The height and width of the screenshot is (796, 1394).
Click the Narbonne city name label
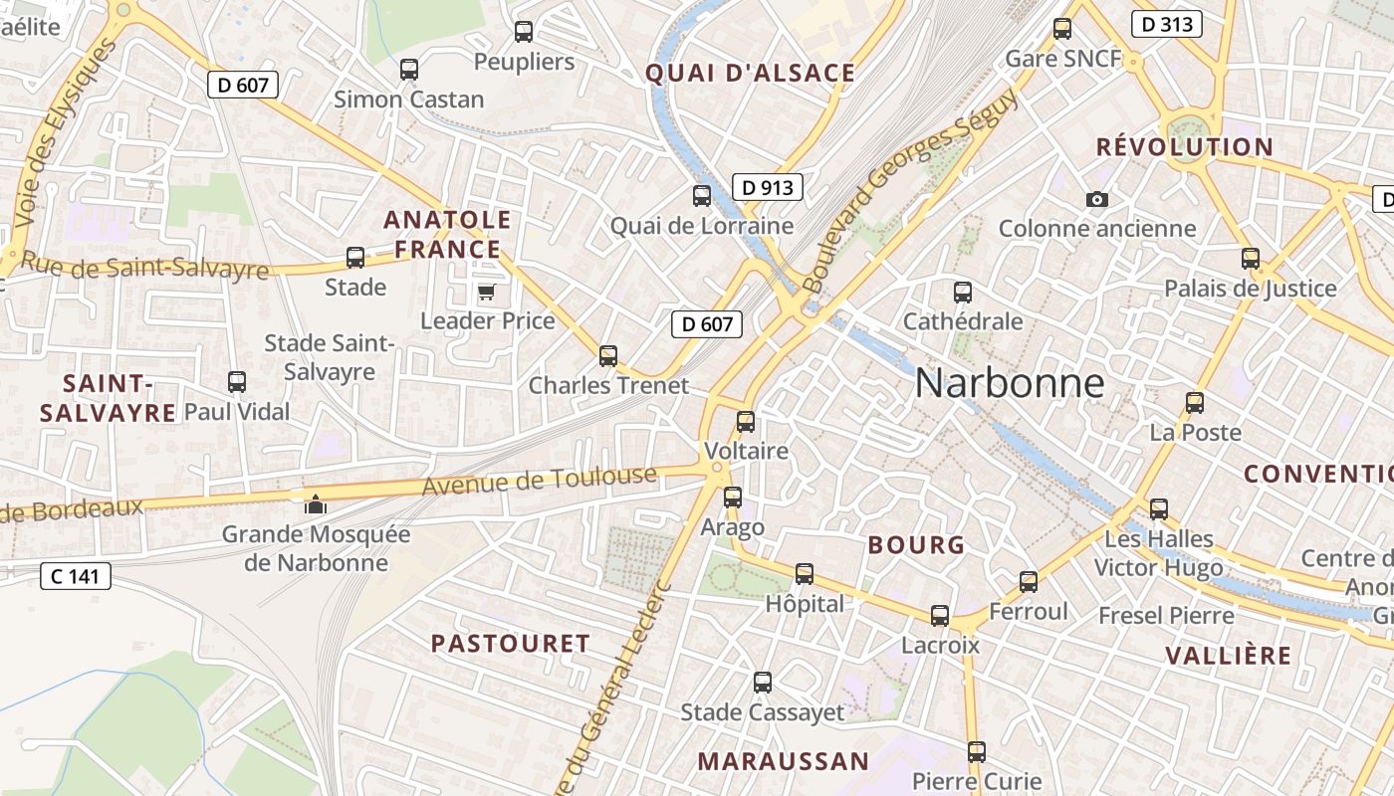click(x=1010, y=383)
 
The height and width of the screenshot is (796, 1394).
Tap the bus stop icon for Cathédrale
click(x=962, y=293)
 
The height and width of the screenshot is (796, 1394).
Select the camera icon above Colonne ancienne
click(x=1097, y=199)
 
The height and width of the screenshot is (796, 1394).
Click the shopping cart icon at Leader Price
click(x=486, y=292)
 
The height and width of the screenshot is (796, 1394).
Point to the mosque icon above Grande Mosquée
click(x=316, y=504)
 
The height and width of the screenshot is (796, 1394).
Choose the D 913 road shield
click(x=767, y=187)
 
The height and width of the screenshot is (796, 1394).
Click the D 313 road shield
click(x=1167, y=24)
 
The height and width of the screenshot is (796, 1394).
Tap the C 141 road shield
click(x=75, y=575)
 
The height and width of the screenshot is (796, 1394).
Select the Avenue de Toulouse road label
click(x=539, y=481)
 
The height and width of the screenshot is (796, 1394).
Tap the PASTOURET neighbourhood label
click(x=510, y=644)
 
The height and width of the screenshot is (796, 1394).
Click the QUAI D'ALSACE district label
click(x=750, y=73)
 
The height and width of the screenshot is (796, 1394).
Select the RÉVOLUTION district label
click(x=1184, y=147)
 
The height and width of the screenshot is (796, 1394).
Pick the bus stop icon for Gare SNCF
click(x=1062, y=29)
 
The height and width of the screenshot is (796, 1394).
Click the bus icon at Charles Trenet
click(x=608, y=355)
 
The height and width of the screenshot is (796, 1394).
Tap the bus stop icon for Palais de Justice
click(x=1251, y=259)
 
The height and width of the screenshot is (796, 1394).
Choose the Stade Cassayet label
click(x=762, y=712)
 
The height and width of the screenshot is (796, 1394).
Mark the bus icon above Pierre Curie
click(x=977, y=751)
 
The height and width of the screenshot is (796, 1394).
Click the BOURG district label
click(x=916, y=545)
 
